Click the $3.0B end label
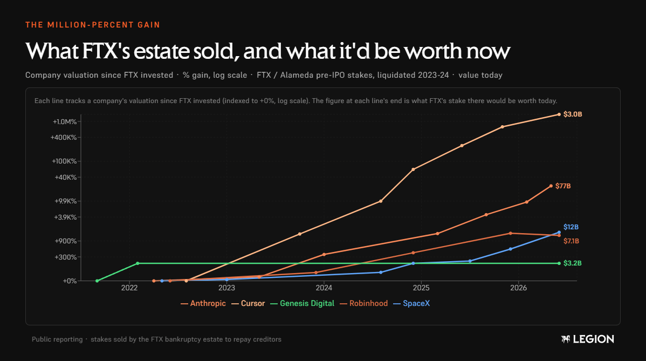573,114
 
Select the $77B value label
563,186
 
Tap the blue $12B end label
571,227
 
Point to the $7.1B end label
571,241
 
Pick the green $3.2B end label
573,263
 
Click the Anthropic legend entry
203,304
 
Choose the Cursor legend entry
248,304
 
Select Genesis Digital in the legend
303,304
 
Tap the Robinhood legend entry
364,304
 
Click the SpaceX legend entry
411,304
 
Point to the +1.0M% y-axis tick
65,122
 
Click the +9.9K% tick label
65,201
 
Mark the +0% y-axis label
70,281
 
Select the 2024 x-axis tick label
324,288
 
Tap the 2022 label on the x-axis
129,288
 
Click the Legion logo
588,339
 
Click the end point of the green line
559,263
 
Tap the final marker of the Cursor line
559,114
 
